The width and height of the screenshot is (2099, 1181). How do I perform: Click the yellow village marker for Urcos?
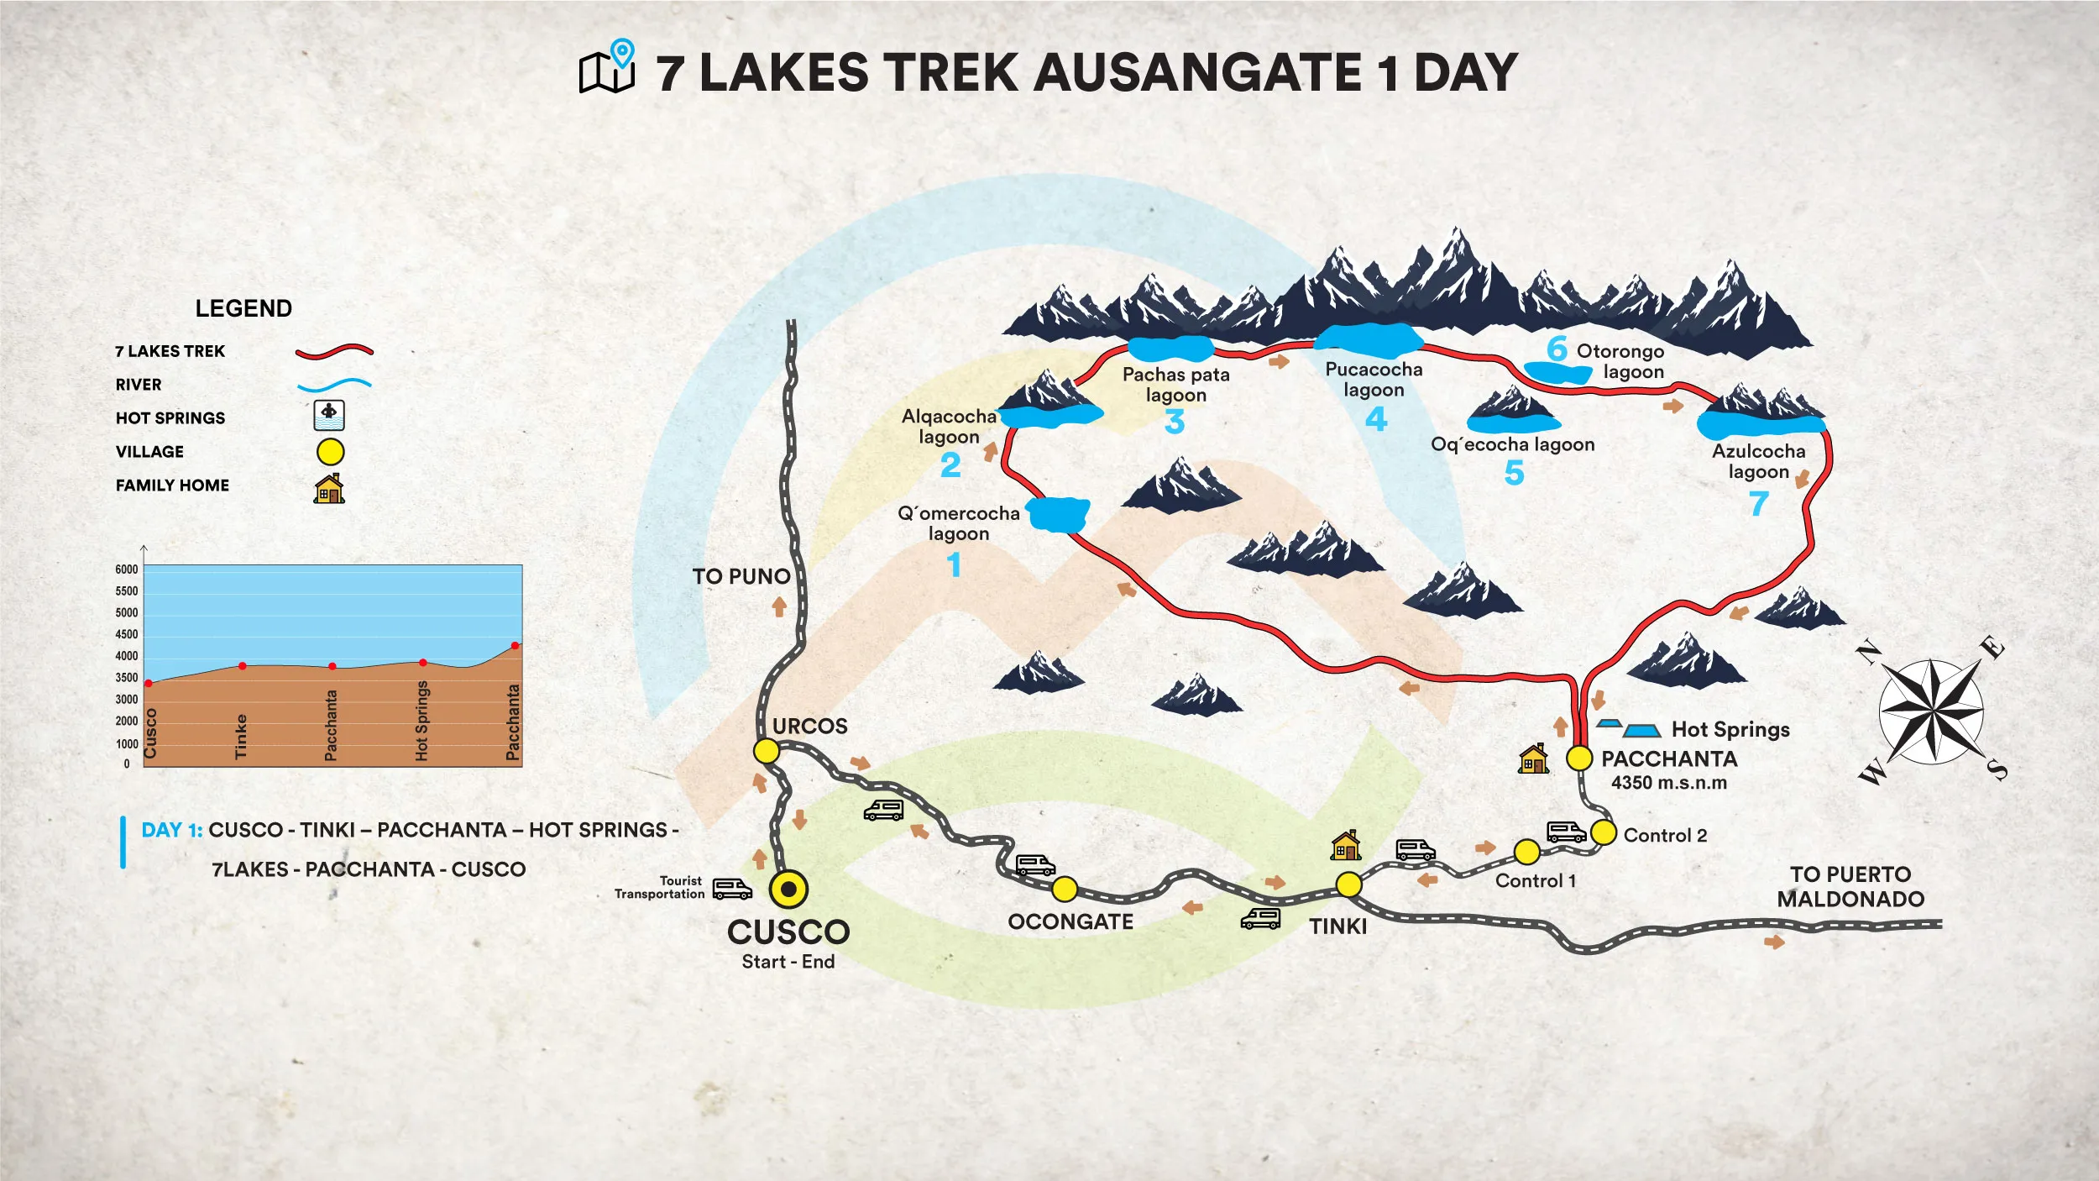(767, 751)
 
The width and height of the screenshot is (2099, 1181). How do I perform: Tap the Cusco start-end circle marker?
(788, 889)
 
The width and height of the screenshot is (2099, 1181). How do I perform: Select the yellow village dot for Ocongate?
(1065, 889)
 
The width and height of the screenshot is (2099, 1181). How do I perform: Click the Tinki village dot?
(1348, 884)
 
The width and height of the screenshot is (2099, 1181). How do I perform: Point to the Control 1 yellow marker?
(1526, 852)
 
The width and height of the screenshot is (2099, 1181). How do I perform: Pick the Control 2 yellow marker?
(1604, 832)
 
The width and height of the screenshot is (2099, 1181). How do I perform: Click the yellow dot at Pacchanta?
(1579, 758)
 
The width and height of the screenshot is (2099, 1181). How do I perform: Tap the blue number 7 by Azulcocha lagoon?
(1758, 504)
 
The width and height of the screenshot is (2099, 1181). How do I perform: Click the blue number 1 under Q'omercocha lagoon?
(954, 564)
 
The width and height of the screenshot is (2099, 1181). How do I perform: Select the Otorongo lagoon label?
(1620, 361)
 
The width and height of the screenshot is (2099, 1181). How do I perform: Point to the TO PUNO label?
(741, 576)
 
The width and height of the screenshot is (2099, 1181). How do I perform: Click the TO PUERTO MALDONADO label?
(1850, 886)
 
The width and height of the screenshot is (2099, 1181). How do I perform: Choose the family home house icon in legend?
(329, 488)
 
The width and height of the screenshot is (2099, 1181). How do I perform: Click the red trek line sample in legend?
(334, 351)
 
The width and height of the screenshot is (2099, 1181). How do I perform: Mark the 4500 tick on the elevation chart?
(127, 634)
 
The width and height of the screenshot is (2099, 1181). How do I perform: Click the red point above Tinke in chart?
(243, 666)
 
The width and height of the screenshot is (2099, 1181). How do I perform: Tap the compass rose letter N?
(1867, 653)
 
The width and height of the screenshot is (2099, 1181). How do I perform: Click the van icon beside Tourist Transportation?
(732, 889)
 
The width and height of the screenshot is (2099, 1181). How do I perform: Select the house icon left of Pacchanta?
(1533, 759)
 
